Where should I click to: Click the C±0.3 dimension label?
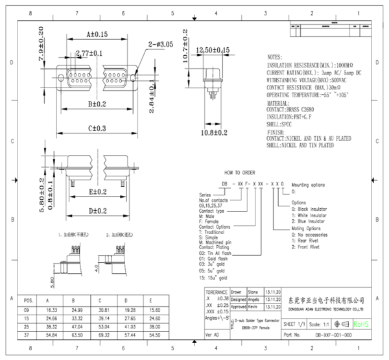coord(97,129)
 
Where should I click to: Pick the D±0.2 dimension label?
coord(98,211)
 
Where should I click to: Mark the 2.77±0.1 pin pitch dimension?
coord(88,53)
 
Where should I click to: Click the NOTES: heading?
coord(279,57)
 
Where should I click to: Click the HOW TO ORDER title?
coord(241,174)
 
